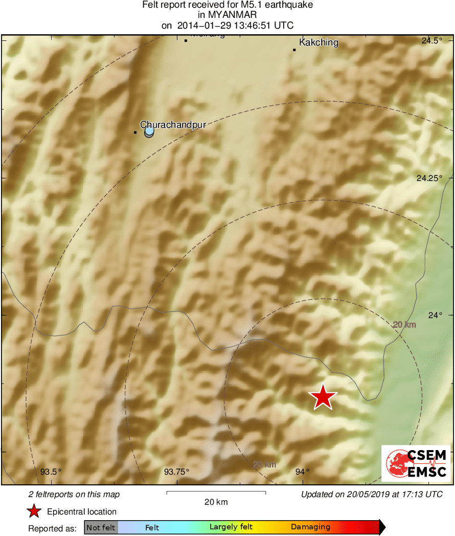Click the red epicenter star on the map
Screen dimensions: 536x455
coord(323,397)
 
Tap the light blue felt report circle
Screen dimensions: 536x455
coord(149,132)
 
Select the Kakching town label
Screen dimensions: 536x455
coord(318,42)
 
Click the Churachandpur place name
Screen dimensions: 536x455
coord(173,124)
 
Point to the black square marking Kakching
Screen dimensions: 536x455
coord(294,50)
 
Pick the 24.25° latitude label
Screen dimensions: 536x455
coord(429,178)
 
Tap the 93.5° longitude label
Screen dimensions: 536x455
coord(51,472)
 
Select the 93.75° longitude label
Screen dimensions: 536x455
coord(176,472)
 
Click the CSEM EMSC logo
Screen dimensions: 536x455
coord(416,463)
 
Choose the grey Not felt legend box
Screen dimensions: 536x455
coord(101,527)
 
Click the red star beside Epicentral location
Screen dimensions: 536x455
coord(34,511)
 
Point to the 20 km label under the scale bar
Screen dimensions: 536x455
coord(216,502)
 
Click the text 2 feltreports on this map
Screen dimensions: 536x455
coord(74,495)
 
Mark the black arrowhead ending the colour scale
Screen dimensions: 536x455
coord(382,527)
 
